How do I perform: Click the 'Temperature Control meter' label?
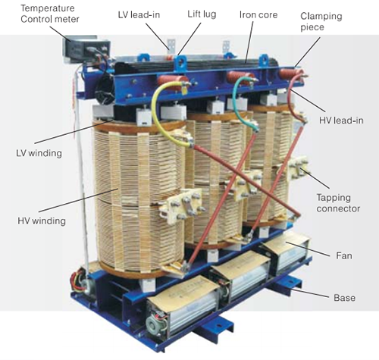50,14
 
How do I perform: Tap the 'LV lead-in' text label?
139,14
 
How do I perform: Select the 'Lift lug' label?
202,14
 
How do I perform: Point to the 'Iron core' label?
258,14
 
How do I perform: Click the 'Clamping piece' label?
321,21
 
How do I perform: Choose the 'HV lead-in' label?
341,121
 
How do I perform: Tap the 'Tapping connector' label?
338,203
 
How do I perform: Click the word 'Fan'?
344,255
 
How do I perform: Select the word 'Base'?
344,298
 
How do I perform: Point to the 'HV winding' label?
42,221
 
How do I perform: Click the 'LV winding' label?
39,153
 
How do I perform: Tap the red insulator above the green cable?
240,77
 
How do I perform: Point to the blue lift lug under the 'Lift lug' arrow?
181,62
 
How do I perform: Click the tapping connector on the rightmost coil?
298,167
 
